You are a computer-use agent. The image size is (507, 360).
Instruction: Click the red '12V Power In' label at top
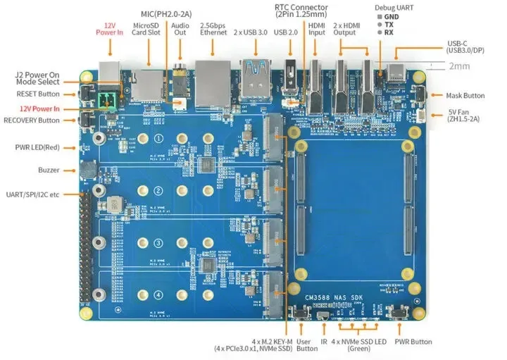[x=111, y=26]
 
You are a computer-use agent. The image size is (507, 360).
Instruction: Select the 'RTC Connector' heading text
[x=302, y=8]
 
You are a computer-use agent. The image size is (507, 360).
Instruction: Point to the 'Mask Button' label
[x=465, y=95]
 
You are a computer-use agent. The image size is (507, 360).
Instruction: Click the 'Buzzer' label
[x=49, y=170]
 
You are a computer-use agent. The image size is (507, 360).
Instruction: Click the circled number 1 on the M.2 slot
[x=158, y=139]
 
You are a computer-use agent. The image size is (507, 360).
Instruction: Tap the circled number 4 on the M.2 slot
[x=158, y=294]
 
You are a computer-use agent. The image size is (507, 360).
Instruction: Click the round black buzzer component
[x=88, y=170]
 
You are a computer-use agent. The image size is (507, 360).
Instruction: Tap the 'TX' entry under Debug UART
[x=389, y=23]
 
